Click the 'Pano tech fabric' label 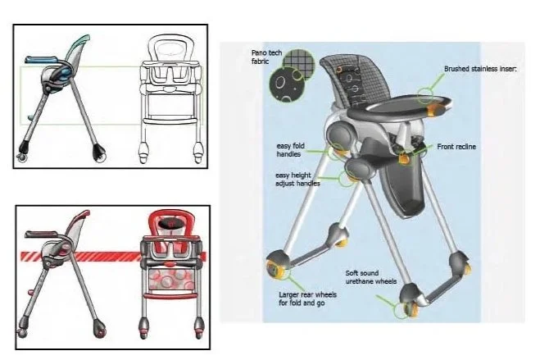266,57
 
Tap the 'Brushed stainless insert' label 480,69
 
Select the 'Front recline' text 456,147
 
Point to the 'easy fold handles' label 290,150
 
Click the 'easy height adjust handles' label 297,179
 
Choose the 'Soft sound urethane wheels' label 371,277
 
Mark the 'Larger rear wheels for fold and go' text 307,298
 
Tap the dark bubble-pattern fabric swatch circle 287,84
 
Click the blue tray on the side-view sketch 41,60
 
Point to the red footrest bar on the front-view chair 170,295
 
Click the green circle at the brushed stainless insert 425,96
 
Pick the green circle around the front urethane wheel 401,311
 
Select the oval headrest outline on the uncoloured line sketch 170,48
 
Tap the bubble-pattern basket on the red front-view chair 170,279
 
